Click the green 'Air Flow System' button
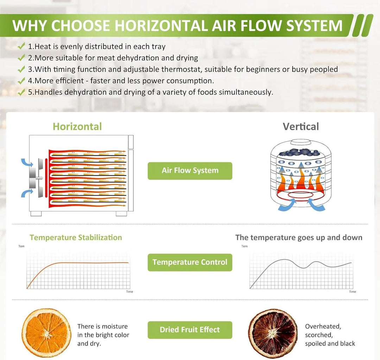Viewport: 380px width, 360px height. pos(190,171)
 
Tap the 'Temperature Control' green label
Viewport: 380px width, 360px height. pos(190,262)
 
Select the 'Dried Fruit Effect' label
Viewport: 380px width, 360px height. pos(190,330)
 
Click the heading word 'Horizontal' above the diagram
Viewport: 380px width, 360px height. pos(77,126)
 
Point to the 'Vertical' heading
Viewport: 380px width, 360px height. pos(301,126)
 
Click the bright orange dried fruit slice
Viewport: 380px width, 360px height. pos(46,333)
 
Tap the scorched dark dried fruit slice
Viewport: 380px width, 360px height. pos(273,333)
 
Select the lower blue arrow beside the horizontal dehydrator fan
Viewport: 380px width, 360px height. pos(27,193)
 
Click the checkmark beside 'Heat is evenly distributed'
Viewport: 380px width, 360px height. pos(21,46)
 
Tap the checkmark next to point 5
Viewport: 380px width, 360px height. pos(21,92)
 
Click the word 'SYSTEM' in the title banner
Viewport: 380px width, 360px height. pos(314,25)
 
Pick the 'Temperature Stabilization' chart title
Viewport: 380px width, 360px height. pos(76,237)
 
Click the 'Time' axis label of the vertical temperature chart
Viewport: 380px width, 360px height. pos(352,292)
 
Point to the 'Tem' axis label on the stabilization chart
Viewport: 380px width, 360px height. pos(21,246)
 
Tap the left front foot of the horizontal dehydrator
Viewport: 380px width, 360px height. pos(36,213)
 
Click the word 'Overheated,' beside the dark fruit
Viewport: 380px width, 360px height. pos(323,327)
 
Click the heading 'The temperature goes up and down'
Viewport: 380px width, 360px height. pos(299,237)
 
